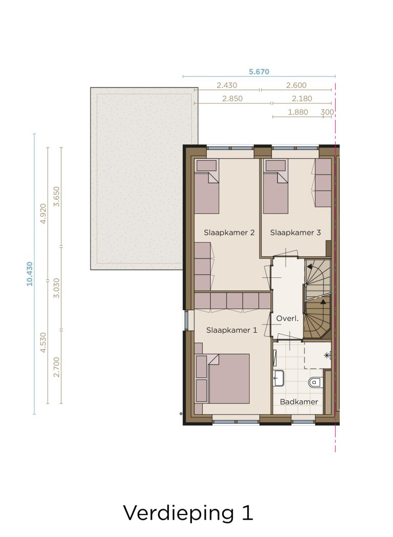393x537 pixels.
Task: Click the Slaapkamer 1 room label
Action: tap(231, 330)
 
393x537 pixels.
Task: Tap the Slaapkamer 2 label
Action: tap(229, 232)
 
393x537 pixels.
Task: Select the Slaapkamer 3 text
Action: tap(295, 232)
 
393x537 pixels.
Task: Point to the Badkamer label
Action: tap(299, 402)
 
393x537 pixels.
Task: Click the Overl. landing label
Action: tap(287, 318)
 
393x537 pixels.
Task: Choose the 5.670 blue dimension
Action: tap(259, 72)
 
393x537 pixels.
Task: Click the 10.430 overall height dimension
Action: tap(30, 274)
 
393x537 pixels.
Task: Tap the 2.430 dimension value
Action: tap(227, 85)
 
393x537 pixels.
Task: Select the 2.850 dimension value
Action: tap(232, 99)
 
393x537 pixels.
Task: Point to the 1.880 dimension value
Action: tap(298, 112)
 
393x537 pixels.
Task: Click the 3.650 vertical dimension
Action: tap(57, 196)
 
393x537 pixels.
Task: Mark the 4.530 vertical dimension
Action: tap(43, 342)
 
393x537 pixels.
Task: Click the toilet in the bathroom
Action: tap(315, 382)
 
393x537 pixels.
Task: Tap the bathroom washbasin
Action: tap(279, 378)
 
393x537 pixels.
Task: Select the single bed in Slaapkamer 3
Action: tap(275, 187)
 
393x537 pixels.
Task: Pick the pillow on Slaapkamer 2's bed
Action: tap(206, 165)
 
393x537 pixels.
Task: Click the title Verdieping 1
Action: tap(188, 513)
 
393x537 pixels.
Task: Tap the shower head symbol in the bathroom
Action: tap(327, 355)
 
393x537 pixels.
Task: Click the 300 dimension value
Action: tap(327, 112)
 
